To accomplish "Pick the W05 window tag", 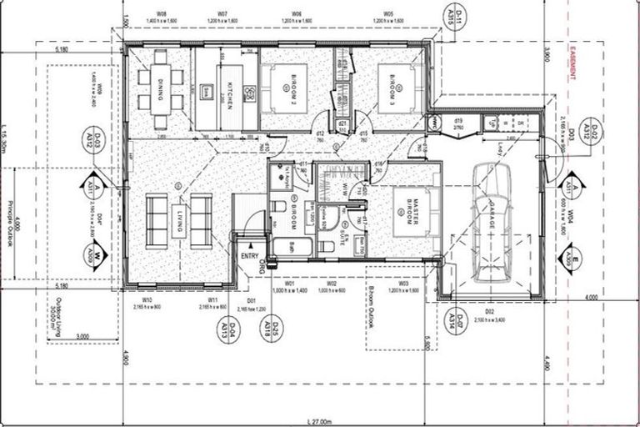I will coord(388,14).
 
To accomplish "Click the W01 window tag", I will coord(290,284).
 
